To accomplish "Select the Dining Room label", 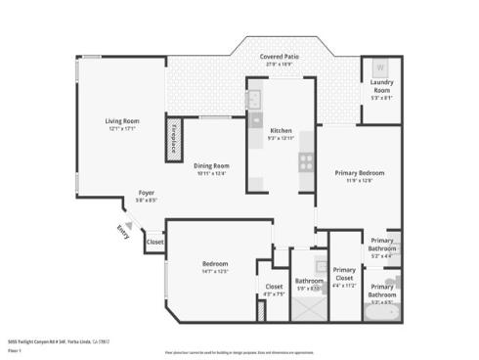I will tap(211, 165).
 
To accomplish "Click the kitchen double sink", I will tap(252, 101).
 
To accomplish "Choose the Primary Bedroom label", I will tap(359, 173).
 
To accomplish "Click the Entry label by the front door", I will tap(122, 232).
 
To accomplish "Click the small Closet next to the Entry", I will tap(154, 242).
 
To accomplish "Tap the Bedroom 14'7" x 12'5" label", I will tap(215, 265).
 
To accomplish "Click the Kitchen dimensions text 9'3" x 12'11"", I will tap(282, 138).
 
